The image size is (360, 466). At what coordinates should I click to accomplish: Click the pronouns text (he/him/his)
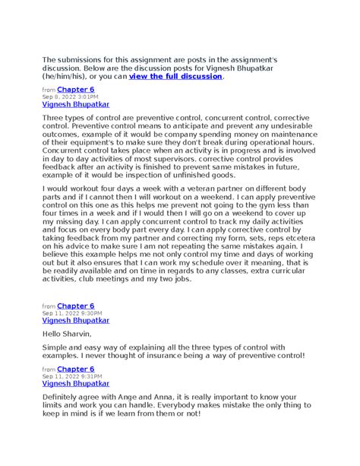67,76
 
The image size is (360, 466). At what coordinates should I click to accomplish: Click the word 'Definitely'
65,397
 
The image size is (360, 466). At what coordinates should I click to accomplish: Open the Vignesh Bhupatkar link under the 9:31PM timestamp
75,383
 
